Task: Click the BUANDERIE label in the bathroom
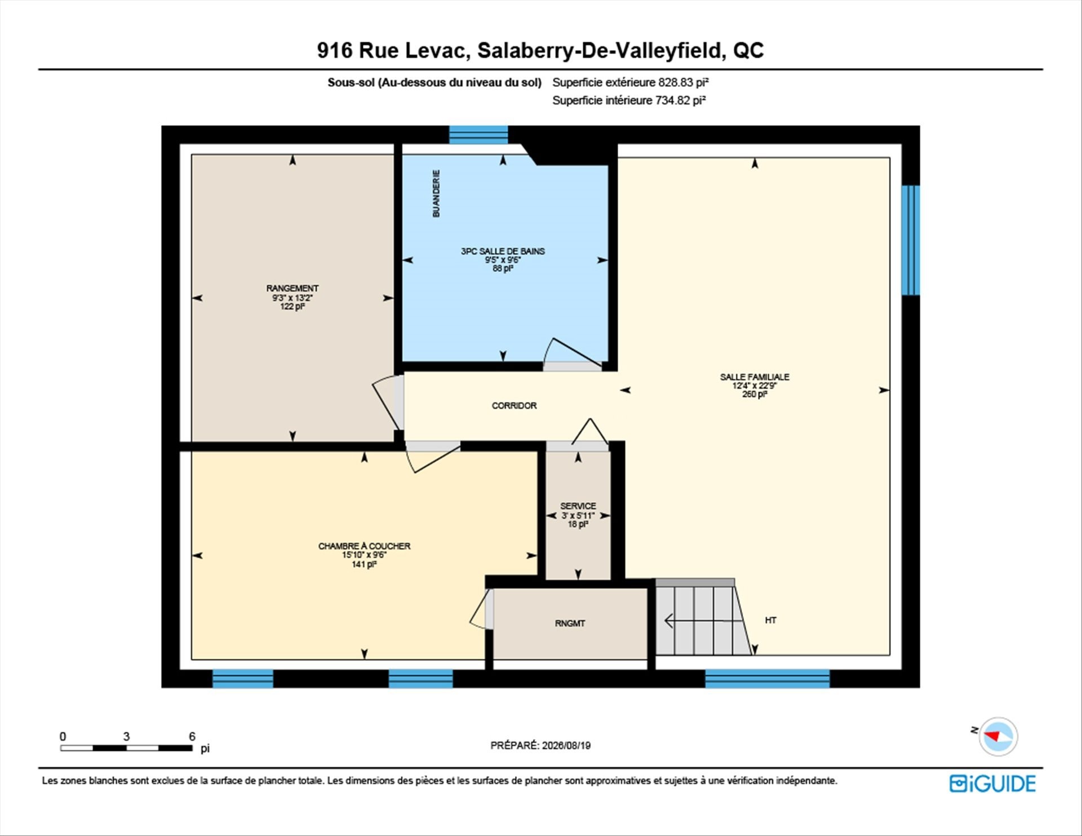pos(436,193)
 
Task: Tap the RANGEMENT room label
pos(292,288)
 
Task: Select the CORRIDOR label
pos(514,405)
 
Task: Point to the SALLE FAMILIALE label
pos(755,377)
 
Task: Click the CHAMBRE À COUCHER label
pos(364,546)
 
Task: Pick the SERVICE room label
pos(578,506)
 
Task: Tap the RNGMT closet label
pos(570,623)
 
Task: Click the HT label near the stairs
pos(770,620)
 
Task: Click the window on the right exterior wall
pos(911,240)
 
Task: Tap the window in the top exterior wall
pos(478,135)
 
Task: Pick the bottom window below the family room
pos(768,679)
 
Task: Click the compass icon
pos(998,736)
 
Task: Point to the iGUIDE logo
pos(992,784)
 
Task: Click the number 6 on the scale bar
pos(192,736)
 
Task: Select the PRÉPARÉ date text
pos(540,745)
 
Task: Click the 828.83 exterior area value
pos(675,82)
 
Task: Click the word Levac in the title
pos(437,50)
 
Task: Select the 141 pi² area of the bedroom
pos(364,564)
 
